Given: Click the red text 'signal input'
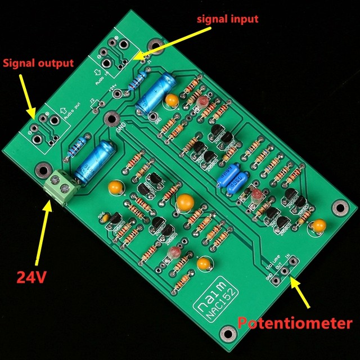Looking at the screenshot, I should tap(227, 19).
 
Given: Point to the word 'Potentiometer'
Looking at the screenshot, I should tap(295, 323).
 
